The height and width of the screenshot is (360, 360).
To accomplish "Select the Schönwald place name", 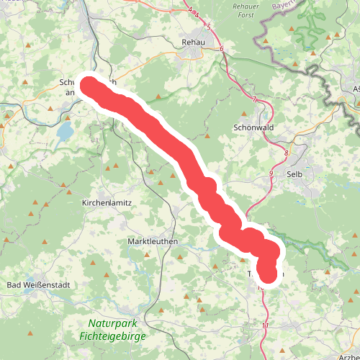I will click(x=252, y=127).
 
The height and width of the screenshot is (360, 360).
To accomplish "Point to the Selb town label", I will click(x=294, y=174).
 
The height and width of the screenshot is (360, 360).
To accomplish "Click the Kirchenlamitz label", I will click(x=107, y=203).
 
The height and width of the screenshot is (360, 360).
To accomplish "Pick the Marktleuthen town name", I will click(x=152, y=241).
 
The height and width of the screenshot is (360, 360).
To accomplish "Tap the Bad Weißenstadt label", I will click(x=38, y=285).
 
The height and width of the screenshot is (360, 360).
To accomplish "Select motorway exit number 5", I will click(x=208, y=27).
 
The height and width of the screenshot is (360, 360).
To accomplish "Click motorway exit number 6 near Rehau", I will click(x=222, y=49).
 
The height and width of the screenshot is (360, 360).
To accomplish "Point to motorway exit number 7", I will click(x=254, y=98).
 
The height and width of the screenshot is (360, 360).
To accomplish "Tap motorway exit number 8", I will click(x=287, y=153).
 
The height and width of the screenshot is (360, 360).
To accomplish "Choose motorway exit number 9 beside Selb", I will click(x=271, y=174).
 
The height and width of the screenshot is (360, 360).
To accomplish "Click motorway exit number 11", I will click(x=265, y=326).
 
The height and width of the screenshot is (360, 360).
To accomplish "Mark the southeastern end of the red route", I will click(x=268, y=274).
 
